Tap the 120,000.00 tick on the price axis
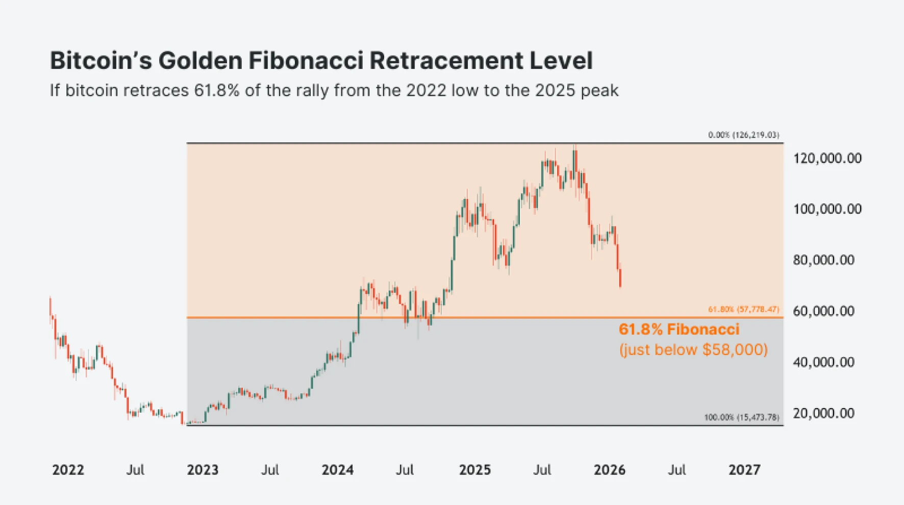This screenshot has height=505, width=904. [x=827, y=158]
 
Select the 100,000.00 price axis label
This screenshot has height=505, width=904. [x=827, y=209]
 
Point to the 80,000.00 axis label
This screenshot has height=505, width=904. [x=823, y=260]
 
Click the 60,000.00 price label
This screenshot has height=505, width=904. [x=823, y=311]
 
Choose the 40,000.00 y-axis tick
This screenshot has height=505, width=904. [x=823, y=362]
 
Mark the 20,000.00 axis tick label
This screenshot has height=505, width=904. [x=823, y=413]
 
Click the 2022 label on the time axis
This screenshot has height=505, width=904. [x=68, y=470]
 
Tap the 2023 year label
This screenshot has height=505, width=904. [x=203, y=470]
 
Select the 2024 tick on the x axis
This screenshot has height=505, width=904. [x=337, y=470]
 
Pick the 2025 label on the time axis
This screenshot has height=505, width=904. [x=474, y=470]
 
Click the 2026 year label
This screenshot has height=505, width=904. [x=609, y=470]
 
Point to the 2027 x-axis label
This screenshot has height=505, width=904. [x=744, y=470]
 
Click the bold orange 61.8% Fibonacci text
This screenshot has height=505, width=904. [x=679, y=330]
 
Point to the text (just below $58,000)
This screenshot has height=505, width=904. [x=693, y=350]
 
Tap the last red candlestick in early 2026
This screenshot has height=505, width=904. [x=620, y=278]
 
